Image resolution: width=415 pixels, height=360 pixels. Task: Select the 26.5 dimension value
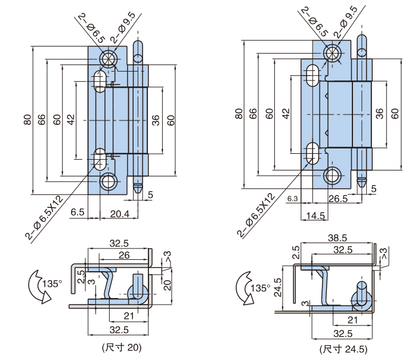(x=337, y=198)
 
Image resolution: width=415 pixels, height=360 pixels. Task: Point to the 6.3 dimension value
(x=292, y=198)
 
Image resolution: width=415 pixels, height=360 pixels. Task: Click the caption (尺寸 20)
(x=122, y=346)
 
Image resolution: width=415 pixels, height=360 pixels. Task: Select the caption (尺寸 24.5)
(x=343, y=349)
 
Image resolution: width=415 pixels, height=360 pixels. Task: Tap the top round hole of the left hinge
(x=109, y=58)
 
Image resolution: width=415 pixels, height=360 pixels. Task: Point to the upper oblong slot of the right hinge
(x=312, y=77)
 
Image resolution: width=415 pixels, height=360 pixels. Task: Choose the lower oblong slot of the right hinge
(x=312, y=153)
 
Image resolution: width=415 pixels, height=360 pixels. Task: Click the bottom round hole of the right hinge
(x=333, y=175)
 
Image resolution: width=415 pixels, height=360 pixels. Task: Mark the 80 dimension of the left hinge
(x=27, y=119)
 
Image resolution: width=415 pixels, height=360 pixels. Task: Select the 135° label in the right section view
(x=261, y=288)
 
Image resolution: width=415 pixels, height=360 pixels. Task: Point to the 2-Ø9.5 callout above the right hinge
(x=345, y=21)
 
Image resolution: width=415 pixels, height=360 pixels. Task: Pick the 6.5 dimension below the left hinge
(x=77, y=213)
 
